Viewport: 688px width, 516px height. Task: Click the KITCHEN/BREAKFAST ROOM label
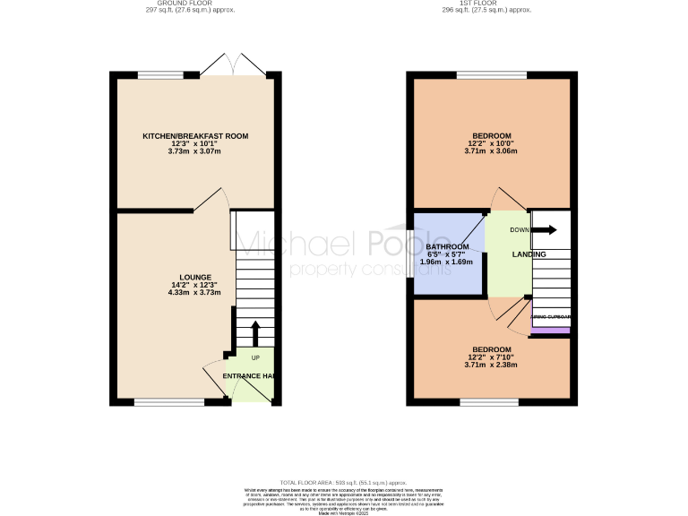(x=194, y=136)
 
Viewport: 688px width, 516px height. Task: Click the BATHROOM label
(x=447, y=246)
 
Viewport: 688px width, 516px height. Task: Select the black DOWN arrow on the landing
(x=544, y=230)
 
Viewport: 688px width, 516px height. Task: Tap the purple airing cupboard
(x=551, y=331)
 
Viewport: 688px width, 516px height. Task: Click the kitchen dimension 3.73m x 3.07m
(x=194, y=151)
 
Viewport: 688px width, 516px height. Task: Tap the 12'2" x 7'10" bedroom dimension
(x=492, y=357)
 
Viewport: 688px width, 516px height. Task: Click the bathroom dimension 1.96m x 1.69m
(x=447, y=262)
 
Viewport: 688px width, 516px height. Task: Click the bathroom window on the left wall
(x=410, y=255)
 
